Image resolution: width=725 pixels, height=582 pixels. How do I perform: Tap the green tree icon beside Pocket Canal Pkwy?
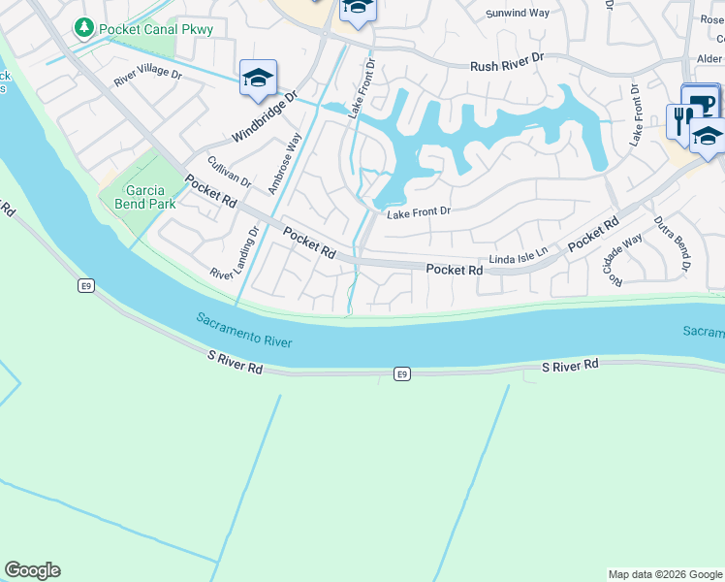click(x=84, y=29)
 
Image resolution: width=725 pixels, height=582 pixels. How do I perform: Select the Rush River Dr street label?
click(x=508, y=66)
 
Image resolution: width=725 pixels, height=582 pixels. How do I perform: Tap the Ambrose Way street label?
click(x=286, y=163)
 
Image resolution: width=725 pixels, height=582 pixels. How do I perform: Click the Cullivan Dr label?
click(x=228, y=172)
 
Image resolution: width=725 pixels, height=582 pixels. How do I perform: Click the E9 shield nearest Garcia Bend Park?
click(x=86, y=285)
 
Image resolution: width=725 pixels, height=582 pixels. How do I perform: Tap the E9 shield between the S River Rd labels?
click(x=401, y=373)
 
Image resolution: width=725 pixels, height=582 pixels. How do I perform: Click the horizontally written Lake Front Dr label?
click(x=419, y=211)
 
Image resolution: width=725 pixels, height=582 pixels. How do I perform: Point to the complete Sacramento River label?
click(x=243, y=331)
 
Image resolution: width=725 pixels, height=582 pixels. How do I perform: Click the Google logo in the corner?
click(x=32, y=570)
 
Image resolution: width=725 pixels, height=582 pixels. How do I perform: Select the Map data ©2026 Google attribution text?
click(x=664, y=574)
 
